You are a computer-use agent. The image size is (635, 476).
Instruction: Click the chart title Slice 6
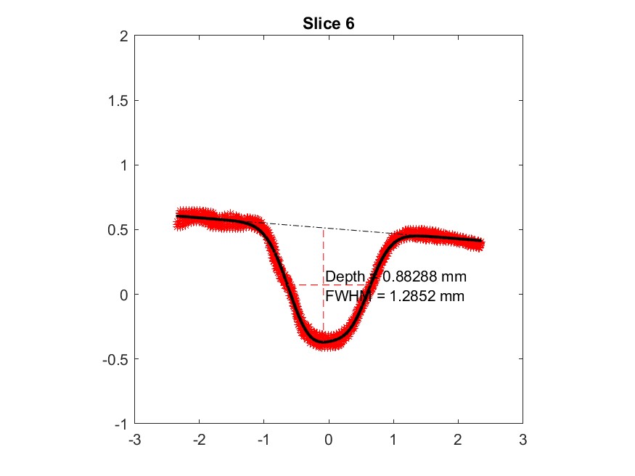click(x=328, y=24)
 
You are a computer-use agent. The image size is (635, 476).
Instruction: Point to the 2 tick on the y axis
click(x=123, y=36)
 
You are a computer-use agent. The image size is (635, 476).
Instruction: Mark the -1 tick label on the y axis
click(x=121, y=424)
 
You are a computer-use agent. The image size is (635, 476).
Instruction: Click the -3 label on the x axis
click(x=134, y=439)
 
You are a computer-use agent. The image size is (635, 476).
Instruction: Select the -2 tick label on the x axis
click(x=199, y=439)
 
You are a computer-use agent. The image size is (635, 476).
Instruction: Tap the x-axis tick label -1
click(x=263, y=439)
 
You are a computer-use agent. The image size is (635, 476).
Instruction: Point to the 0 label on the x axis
click(x=329, y=439)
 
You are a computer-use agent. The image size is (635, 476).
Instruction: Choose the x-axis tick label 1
click(x=393, y=439)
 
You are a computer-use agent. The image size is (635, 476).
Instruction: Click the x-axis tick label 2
click(x=458, y=439)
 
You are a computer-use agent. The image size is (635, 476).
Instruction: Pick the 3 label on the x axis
click(x=523, y=439)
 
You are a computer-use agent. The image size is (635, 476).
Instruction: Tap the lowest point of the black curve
click(x=324, y=340)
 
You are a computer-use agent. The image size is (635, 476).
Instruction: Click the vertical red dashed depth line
click(x=324, y=254)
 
